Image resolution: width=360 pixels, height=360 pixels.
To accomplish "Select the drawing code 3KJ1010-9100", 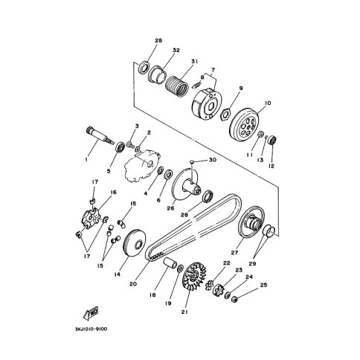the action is coord(91,330).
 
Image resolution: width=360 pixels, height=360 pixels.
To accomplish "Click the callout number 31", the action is coord(195,61).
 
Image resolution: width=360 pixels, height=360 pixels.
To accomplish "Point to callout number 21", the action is coord(184,312).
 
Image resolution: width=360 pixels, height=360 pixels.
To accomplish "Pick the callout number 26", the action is coord(170,208).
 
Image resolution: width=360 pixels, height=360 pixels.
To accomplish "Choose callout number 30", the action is coord(213,160).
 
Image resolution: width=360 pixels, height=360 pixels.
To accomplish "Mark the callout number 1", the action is coord(86,160).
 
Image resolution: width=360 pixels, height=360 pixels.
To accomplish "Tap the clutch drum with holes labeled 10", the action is coord(244,124).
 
